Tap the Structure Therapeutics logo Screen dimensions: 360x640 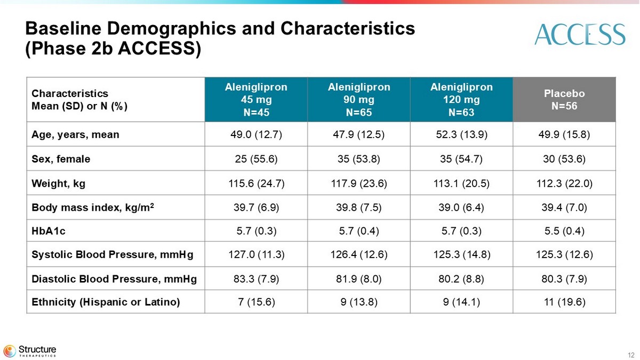(30, 351)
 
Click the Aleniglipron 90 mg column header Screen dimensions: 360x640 (358, 100)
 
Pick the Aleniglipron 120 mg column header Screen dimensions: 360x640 (461, 100)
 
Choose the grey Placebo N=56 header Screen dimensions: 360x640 (564, 100)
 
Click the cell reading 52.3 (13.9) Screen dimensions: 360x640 (461, 134)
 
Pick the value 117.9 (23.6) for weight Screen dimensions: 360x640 (358, 184)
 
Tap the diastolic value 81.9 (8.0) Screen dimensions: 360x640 (358, 278)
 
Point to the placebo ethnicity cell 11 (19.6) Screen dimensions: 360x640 (564, 302)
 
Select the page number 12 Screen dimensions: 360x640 (631, 355)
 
